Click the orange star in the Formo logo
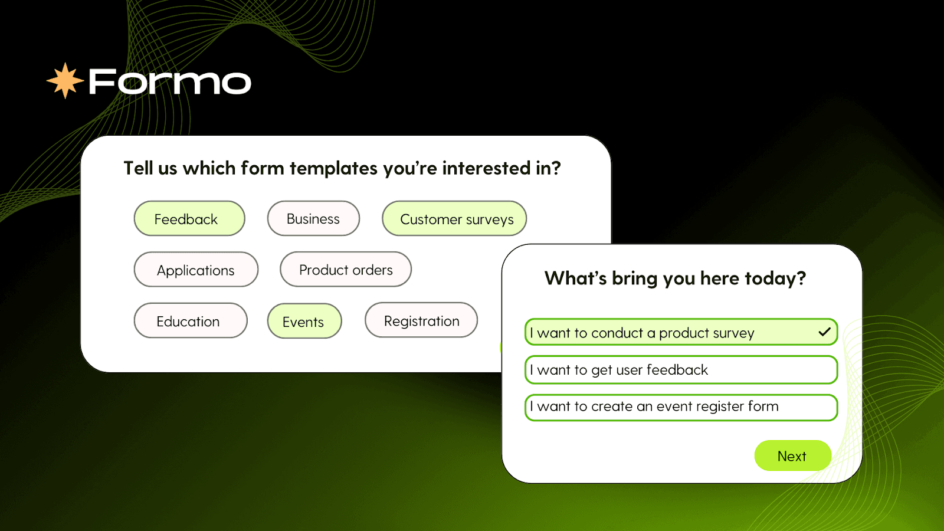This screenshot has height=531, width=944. pyautogui.click(x=65, y=80)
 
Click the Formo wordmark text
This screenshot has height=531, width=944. pyautogui.click(x=170, y=82)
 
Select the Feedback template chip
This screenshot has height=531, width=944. pyautogui.click(x=189, y=219)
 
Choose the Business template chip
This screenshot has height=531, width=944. pyautogui.click(x=313, y=219)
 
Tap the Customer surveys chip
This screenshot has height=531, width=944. pyautogui.click(x=454, y=219)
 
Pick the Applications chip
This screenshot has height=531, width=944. pyautogui.click(x=196, y=270)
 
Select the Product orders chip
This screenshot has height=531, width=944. pyautogui.click(x=346, y=270)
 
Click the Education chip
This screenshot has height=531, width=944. pyautogui.click(x=191, y=321)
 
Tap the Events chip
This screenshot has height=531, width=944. pyautogui.click(x=304, y=321)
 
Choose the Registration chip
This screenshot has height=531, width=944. pyautogui.click(x=421, y=320)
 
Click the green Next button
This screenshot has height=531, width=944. pyautogui.click(x=793, y=455)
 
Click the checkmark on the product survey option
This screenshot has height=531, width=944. pyautogui.click(x=824, y=332)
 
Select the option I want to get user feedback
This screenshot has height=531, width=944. pyautogui.click(x=681, y=369)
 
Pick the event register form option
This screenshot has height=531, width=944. pyautogui.click(x=681, y=407)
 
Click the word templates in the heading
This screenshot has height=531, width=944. pyautogui.click(x=333, y=169)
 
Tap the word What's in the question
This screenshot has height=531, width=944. pyautogui.click(x=576, y=278)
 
